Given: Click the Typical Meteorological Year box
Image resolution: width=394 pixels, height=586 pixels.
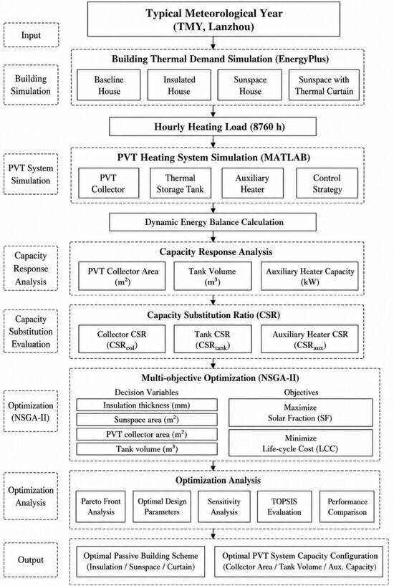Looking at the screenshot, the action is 213,19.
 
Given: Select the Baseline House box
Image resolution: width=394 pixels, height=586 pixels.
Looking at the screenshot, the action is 109,85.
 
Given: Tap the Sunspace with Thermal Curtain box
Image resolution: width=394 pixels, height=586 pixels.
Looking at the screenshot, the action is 324,85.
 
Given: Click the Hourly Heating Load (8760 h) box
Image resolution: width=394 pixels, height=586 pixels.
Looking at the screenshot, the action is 213,127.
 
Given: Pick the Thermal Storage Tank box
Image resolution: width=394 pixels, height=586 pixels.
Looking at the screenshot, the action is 181,183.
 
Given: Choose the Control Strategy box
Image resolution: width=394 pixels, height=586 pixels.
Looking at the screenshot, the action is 327,183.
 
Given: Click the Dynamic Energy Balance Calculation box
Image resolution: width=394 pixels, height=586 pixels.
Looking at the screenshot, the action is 213,222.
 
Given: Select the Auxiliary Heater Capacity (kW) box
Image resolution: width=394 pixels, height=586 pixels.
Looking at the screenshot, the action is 309,277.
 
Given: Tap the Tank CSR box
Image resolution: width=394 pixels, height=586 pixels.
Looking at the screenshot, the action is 213,339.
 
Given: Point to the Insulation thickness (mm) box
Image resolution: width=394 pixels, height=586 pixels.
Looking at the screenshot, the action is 147,405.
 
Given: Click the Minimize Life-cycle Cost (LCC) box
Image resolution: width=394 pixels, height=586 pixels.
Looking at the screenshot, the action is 301,443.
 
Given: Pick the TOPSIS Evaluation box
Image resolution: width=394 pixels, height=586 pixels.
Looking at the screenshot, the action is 284,506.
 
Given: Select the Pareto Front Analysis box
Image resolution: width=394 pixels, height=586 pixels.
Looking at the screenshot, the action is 101,506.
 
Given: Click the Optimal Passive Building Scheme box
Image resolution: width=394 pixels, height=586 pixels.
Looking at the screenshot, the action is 141,561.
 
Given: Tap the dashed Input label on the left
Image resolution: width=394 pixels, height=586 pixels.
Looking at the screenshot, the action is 31,35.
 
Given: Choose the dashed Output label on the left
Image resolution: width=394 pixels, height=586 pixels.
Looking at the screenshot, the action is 31,559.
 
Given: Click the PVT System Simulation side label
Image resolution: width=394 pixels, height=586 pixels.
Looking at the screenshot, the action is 31,174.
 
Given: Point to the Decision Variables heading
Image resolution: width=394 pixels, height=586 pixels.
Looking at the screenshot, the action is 147,392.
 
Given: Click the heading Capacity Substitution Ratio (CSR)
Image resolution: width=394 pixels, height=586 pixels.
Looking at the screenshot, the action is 213,315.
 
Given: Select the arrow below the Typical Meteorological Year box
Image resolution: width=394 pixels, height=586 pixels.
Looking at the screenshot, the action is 213,42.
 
